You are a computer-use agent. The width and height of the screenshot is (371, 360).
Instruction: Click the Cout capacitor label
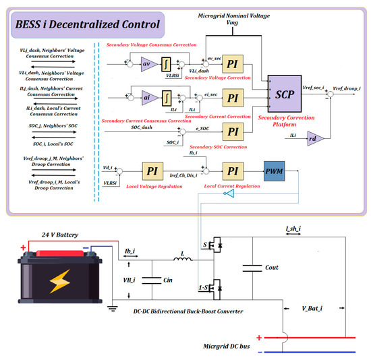click(272, 268)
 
